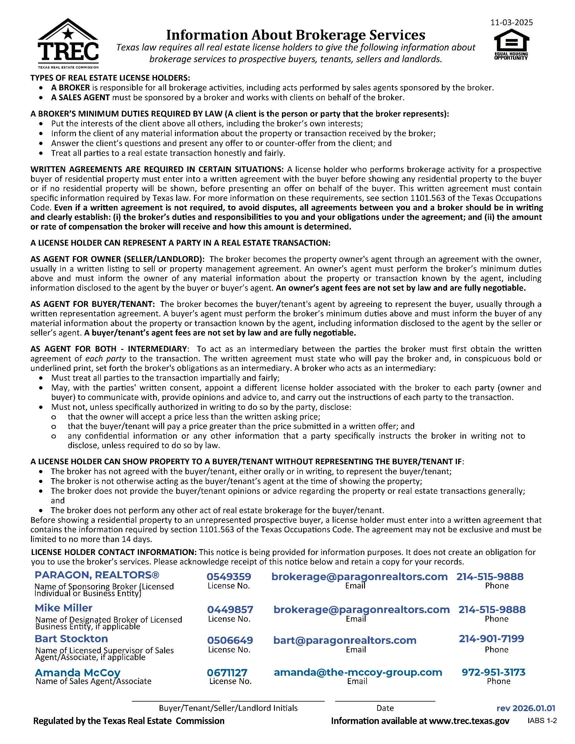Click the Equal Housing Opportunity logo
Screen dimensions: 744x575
[511, 45]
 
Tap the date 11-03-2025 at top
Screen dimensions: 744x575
[512, 22]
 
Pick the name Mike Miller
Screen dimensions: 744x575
[63, 608]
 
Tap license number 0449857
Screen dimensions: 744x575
[230, 609]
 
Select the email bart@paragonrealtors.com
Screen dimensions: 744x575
[345, 640]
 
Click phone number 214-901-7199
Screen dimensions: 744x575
[491, 639]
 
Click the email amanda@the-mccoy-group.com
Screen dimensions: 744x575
[358, 672]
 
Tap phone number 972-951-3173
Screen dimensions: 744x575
[493, 672]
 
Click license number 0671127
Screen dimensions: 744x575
[227, 673]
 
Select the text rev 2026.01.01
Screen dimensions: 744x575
[525, 708]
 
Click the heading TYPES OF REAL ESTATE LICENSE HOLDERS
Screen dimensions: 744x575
[110, 78]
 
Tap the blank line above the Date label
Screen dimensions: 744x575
[385, 700]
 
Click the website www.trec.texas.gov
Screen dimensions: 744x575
[469, 721]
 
